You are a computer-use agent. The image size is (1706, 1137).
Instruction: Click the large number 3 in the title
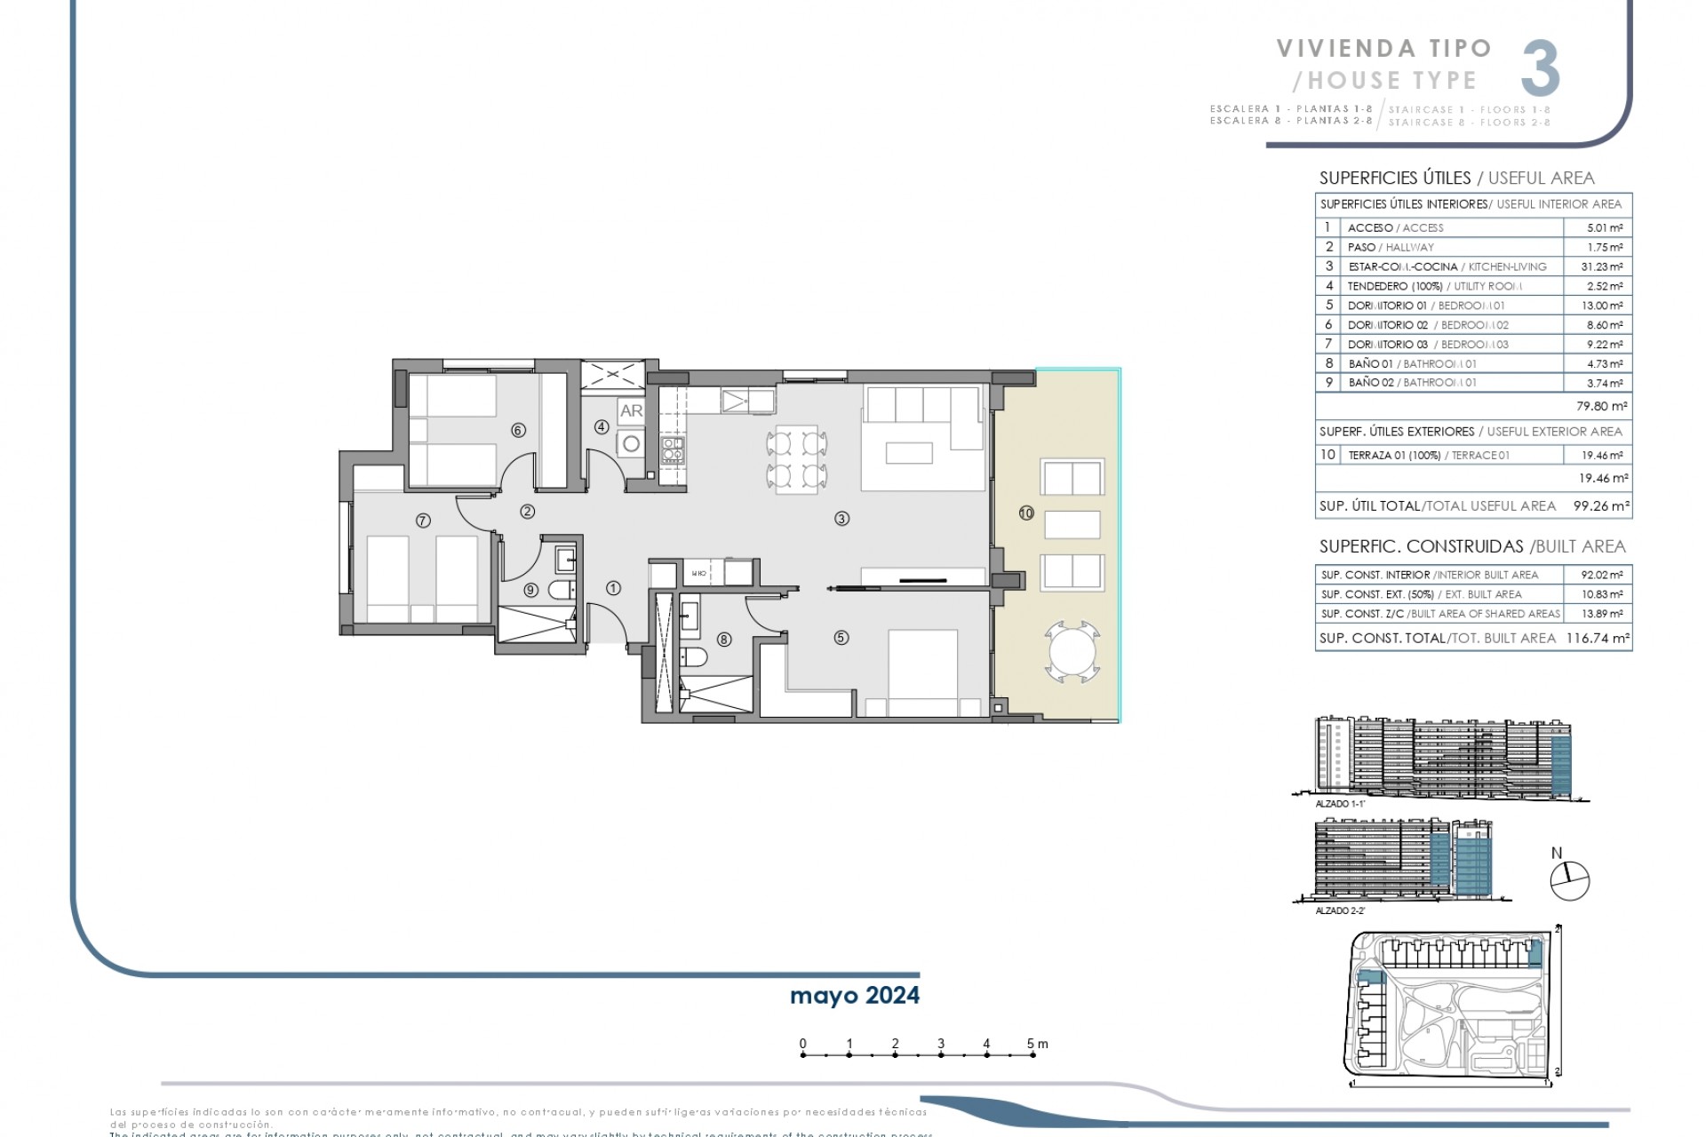coord(1540,68)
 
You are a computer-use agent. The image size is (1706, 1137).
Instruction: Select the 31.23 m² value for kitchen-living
coord(1597,266)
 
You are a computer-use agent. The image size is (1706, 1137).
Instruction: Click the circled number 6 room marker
coord(519,430)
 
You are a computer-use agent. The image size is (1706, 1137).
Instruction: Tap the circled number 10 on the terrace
coord(1026,513)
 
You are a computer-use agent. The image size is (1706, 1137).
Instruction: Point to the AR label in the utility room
coord(631,410)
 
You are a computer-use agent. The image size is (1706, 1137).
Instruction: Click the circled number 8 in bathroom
coord(724,639)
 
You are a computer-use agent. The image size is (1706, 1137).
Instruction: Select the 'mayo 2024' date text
coord(854,995)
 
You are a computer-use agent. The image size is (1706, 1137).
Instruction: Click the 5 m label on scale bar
coord(1036,1044)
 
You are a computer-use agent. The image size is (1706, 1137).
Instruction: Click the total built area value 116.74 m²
coord(1597,638)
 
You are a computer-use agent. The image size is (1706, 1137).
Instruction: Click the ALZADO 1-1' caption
coord(1340,803)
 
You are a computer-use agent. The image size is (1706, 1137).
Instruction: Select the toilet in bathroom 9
coord(561,590)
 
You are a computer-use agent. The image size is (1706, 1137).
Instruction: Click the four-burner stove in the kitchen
coord(672,450)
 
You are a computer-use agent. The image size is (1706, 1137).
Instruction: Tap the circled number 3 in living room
coord(841,519)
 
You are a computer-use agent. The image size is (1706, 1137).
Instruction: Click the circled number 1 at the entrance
coord(613,587)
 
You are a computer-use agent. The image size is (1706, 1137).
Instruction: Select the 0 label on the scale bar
coord(802,1044)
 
